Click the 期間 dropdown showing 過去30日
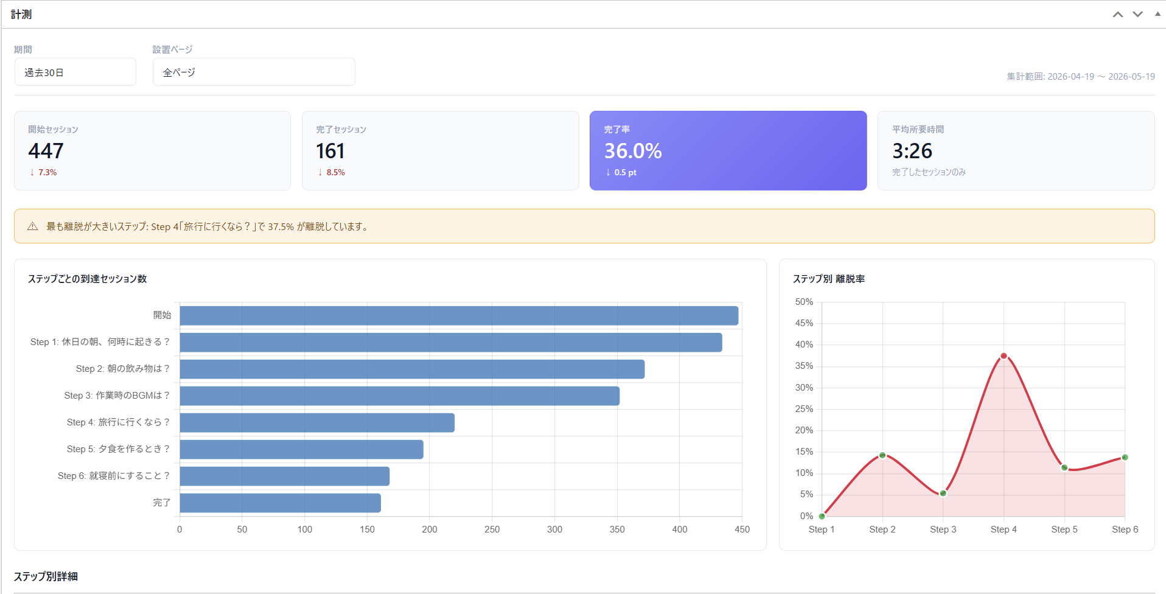75,72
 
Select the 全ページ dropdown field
254,72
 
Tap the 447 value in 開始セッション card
46,150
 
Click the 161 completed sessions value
330,150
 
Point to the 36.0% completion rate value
633,150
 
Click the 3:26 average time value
912,150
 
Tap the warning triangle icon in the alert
33,226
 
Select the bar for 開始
459,315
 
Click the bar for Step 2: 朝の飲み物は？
412,369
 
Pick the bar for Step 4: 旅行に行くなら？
317,422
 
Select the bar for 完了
281,503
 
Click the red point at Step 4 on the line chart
1004,356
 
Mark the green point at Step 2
882,455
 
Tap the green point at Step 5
1064,467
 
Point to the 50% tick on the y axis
804,302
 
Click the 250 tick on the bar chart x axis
492,529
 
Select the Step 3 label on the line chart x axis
943,529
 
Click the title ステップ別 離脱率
828,279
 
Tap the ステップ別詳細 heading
46,576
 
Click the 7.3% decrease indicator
43,172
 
